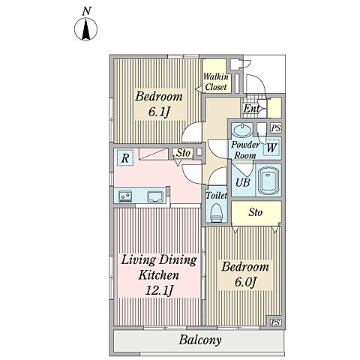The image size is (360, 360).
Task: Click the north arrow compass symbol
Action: pos(85,29)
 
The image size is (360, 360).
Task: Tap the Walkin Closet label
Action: pos(216,82)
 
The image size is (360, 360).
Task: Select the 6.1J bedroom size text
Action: pos(159,112)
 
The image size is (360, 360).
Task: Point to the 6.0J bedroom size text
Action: pos(245,283)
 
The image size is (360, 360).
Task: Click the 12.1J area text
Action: pos(160,290)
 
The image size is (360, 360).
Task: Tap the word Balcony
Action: pos(200,340)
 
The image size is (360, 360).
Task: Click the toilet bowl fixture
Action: pos(217,212)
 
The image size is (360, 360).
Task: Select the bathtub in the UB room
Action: pos(268,181)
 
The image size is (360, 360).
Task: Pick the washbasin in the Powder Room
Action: pos(242,130)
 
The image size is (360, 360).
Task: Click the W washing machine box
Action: pos(271,148)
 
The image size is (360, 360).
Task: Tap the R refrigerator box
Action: pos(125,157)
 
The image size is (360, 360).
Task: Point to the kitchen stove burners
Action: pos(125,196)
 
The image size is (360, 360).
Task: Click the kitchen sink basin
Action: pos(155,196)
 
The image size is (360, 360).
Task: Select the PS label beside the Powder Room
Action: pos(276,128)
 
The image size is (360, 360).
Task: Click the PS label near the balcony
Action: pos(275,322)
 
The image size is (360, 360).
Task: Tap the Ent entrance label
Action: pos(251,109)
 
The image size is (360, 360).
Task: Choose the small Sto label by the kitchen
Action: pos(183,153)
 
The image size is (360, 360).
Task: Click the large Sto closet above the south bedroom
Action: pos(256,213)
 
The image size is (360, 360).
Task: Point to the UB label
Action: pos(243,183)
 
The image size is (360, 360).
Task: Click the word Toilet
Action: pos(217,195)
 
